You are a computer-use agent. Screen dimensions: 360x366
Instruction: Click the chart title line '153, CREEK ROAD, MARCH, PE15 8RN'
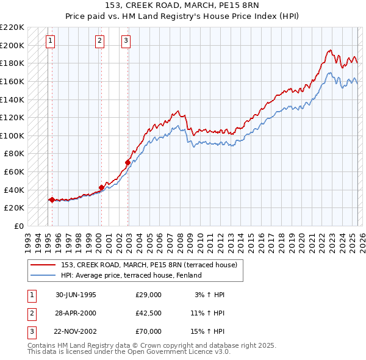click(182, 5)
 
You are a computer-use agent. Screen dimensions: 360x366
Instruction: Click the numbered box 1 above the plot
click(49, 41)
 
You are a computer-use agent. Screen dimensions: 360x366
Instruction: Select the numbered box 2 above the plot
click(99, 41)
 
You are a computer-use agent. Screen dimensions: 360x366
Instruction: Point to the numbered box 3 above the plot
click(125, 41)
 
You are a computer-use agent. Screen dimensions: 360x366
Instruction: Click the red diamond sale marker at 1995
click(52, 200)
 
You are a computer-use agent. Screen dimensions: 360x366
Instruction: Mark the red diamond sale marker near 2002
click(127, 163)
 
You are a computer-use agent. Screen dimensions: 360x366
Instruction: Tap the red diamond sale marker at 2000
click(101, 187)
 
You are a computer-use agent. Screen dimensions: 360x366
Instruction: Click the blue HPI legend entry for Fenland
click(131, 275)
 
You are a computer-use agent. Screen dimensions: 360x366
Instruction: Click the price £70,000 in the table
click(149, 331)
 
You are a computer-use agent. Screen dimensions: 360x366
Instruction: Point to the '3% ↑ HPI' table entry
click(209, 295)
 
